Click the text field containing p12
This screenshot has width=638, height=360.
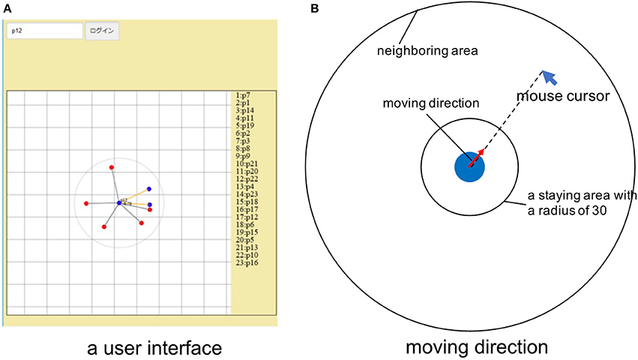44,31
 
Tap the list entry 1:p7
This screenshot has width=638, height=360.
245,97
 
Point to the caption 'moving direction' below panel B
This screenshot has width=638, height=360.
477,348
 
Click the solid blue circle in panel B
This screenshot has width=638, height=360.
469,166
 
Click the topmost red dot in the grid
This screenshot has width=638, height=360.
112,167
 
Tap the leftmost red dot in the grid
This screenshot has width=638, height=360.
87,203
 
